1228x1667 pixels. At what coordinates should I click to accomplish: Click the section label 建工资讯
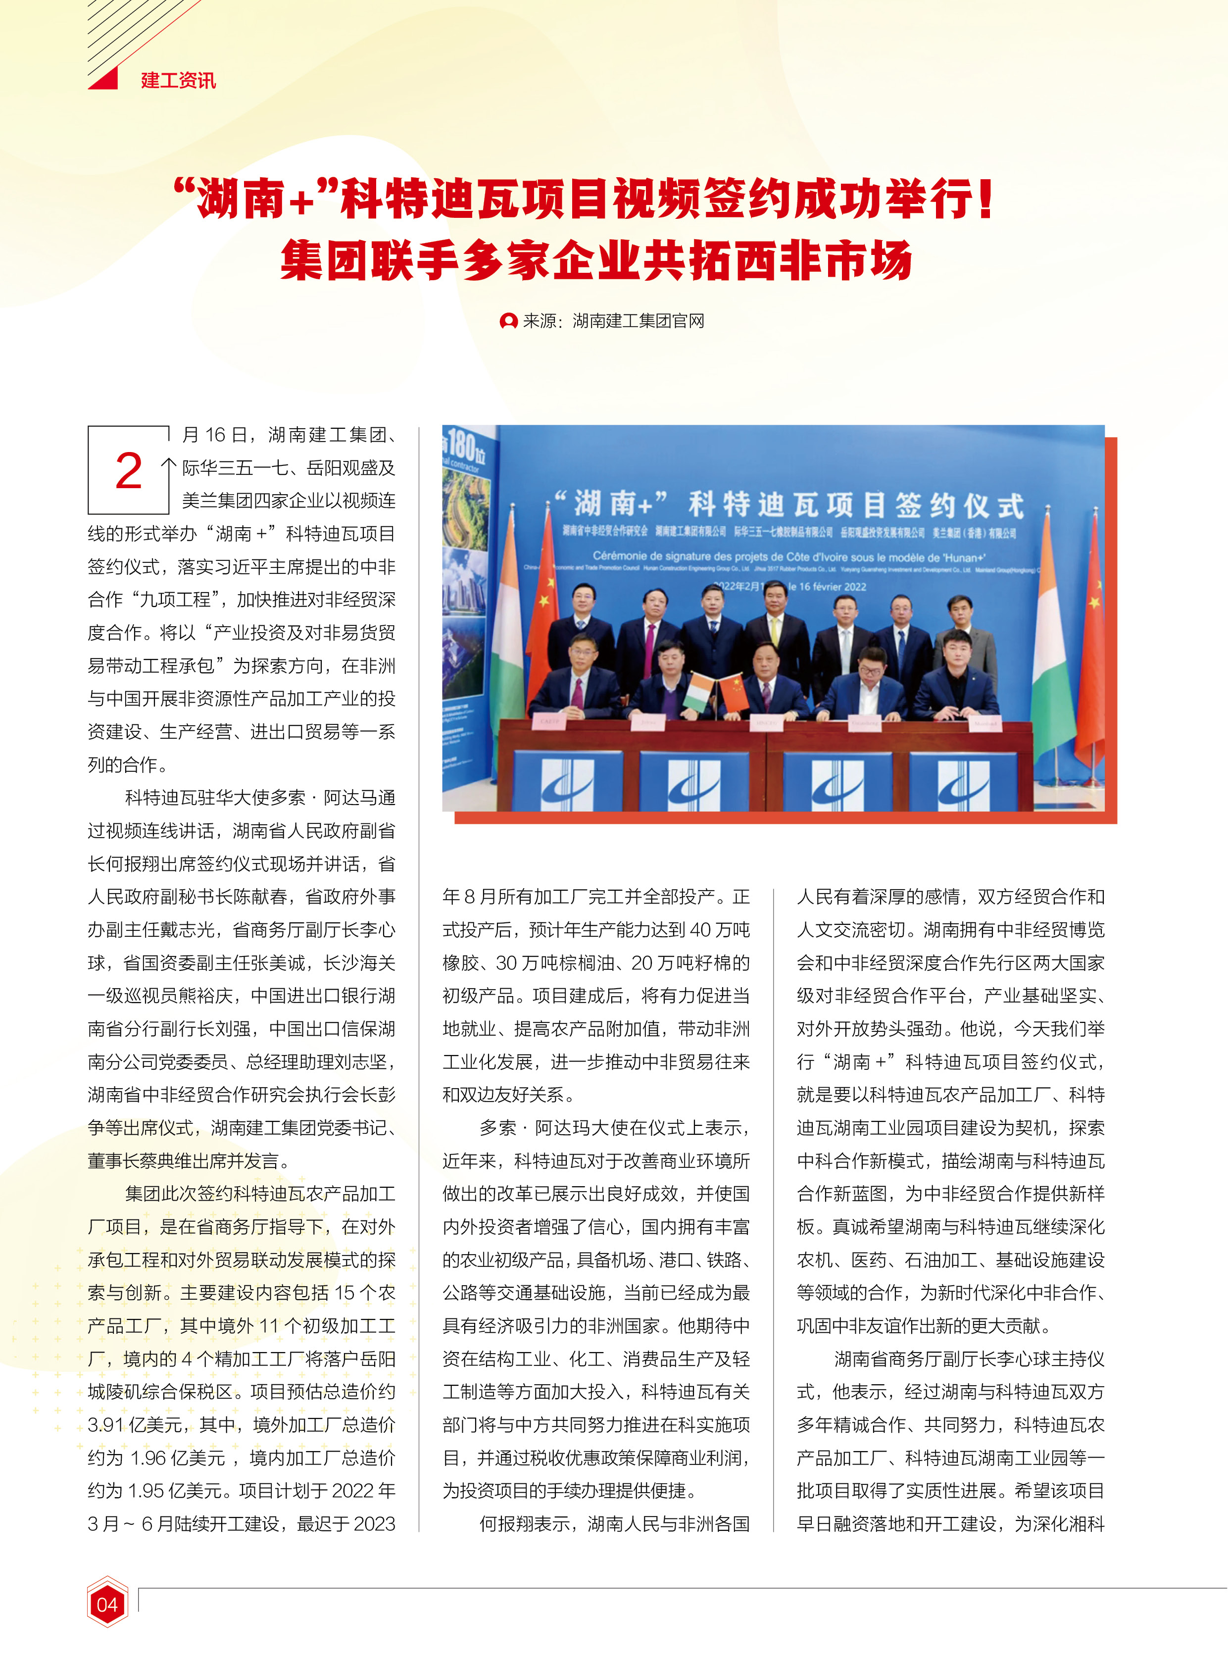coord(178,80)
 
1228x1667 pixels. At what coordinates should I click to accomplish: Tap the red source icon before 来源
coord(508,321)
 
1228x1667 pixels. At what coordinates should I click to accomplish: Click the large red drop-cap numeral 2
coord(129,471)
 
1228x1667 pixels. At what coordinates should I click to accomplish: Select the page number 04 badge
coord(107,1604)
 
